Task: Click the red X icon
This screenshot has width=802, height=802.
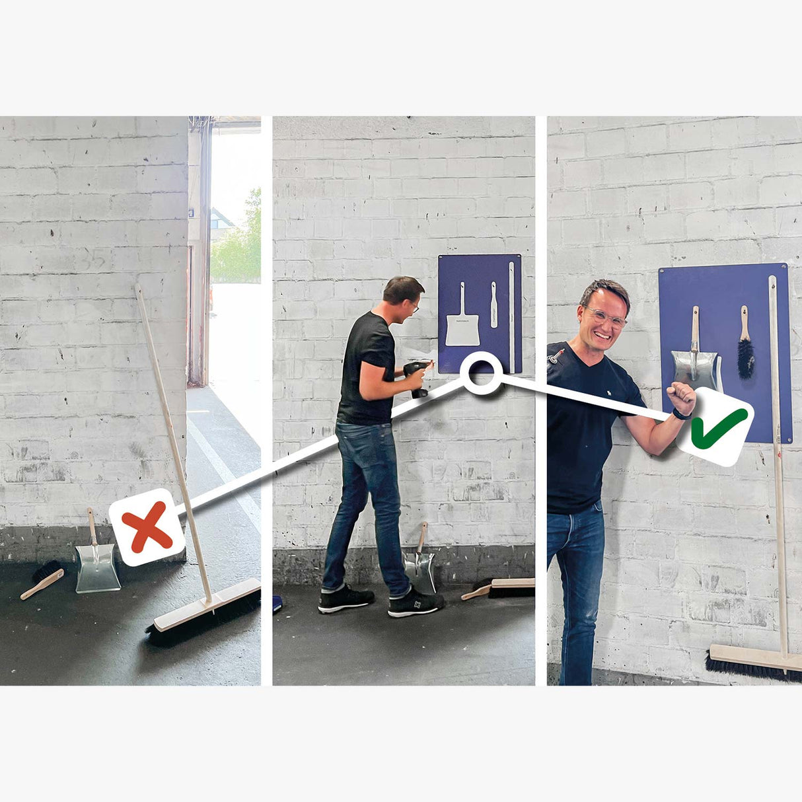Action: pyautogui.click(x=147, y=527)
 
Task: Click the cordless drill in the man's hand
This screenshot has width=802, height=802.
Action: pyautogui.click(x=417, y=377)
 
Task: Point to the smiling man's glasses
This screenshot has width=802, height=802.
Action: pyautogui.click(x=605, y=318)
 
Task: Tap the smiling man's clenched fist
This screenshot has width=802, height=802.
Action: pyautogui.click(x=680, y=398)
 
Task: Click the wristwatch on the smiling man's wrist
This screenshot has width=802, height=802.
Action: pyautogui.click(x=681, y=415)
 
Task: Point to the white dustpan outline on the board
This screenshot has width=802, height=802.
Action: pyautogui.click(x=462, y=324)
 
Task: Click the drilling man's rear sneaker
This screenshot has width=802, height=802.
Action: pyautogui.click(x=345, y=599)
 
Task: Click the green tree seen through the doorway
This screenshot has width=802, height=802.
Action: pyautogui.click(x=238, y=244)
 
